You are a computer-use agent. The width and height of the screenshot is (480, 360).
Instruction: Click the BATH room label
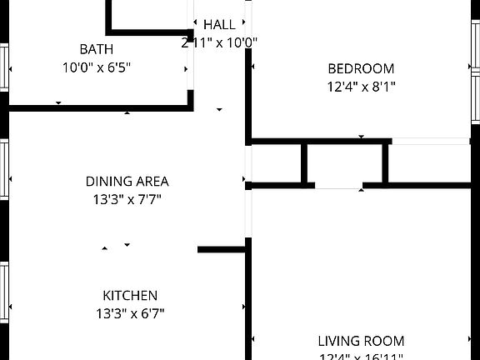[x=96, y=49]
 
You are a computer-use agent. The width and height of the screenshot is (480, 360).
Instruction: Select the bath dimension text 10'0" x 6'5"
[x=96, y=67]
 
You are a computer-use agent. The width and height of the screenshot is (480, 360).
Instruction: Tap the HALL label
[x=219, y=25]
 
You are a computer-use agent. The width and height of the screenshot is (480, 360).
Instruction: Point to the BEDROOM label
[x=360, y=68]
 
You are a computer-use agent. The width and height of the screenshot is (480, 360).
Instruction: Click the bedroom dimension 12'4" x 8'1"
[x=360, y=86]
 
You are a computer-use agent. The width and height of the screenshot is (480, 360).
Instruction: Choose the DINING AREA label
[x=127, y=181]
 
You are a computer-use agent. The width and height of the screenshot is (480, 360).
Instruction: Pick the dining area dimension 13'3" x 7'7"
[x=127, y=199]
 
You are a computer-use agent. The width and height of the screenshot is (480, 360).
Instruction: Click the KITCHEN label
[x=130, y=295]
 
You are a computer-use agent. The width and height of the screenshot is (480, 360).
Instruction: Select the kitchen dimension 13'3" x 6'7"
[x=130, y=314]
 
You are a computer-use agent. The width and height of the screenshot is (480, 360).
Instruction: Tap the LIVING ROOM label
[x=361, y=341]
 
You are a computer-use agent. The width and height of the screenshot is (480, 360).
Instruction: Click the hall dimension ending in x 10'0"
[x=218, y=42]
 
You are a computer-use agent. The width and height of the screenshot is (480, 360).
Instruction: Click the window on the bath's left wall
[x=4, y=67]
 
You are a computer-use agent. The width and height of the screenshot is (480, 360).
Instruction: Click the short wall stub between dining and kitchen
[x=221, y=249]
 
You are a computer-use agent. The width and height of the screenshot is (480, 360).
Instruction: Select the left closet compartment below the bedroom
[x=277, y=162]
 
